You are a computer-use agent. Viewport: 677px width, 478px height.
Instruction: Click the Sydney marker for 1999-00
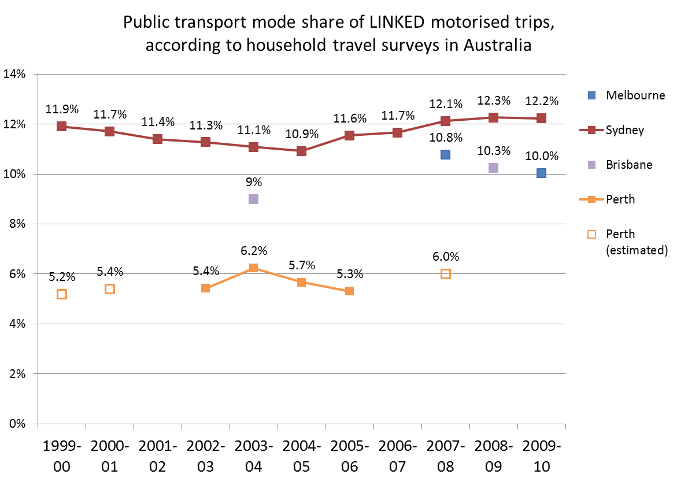(x=61, y=126)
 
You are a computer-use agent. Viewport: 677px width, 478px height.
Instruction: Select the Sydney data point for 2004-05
(x=301, y=151)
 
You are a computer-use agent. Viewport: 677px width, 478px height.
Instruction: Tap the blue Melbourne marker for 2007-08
(x=445, y=154)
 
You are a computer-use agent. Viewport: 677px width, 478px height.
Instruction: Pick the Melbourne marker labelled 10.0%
(x=541, y=173)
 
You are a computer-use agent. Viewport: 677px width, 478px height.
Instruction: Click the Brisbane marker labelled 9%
(x=253, y=199)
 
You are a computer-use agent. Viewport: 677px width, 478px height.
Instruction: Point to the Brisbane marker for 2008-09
(x=493, y=168)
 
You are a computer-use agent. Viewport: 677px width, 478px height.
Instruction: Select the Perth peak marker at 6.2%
(x=253, y=268)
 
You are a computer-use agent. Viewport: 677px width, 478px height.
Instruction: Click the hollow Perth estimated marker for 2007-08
(x=445, y=274)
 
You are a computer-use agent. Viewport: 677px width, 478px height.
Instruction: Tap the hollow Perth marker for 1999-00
(x=61, y=294)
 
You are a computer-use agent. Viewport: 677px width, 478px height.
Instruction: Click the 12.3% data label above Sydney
(x=493, y=101)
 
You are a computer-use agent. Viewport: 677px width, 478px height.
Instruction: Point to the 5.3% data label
(x=349, y=274)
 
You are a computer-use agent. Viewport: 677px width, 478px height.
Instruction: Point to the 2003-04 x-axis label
(x=253, y=457)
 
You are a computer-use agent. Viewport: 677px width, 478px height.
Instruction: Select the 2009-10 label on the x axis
(x=541, y=457)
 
